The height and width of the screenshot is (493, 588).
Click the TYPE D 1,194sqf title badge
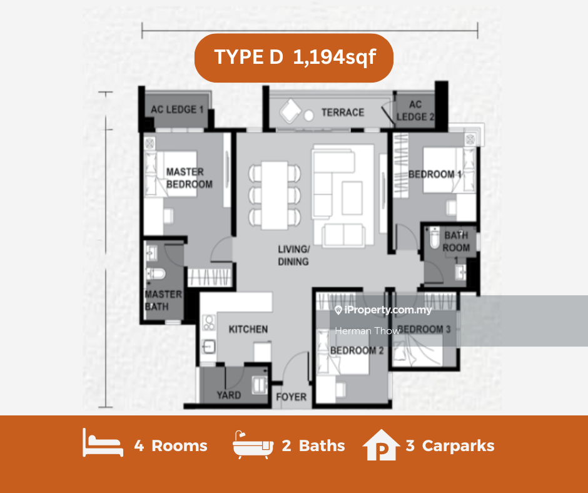coord(293,58)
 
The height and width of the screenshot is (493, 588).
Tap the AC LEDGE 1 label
coord(177,109)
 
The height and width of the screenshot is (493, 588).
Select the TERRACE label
coord(343,113)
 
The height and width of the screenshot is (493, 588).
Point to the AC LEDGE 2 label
coord(415,111)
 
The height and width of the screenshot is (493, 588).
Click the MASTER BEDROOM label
coord(189,178)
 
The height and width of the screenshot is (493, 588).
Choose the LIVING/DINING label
coord(293,255)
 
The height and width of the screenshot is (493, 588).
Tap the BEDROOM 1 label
coord(435,175)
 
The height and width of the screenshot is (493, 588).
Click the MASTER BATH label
coord(163,300)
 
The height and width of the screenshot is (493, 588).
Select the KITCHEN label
coord(248,330)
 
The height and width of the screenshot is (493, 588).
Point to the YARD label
coord(229,395)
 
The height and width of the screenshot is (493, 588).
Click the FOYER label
coord(291,397)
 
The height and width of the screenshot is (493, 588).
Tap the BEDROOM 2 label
coord(357,350)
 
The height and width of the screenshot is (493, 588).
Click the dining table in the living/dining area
coord(275,195)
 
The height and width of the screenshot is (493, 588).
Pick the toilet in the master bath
coord(156,273)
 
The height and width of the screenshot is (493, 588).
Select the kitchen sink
coord(208,347)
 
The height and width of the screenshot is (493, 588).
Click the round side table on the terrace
coord(308,116)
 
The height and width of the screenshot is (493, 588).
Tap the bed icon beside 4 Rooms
coord(103,443)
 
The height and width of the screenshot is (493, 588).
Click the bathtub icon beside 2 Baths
coord(253,445)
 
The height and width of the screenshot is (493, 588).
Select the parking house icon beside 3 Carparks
coord(381,445)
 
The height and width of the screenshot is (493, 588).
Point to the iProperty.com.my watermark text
coord(383,310)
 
